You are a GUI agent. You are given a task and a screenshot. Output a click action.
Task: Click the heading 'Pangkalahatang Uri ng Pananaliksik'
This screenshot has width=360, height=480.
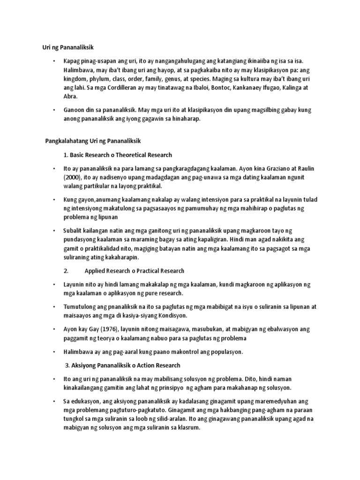(96, 141)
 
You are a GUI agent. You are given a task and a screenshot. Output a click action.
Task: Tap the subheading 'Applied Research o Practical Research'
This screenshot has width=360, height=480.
(134, 270)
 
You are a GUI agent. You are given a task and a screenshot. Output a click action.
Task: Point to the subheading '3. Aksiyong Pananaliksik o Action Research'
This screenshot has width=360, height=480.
(122, 365)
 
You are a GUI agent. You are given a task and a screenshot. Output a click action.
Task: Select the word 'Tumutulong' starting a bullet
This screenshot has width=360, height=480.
(81, 307)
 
